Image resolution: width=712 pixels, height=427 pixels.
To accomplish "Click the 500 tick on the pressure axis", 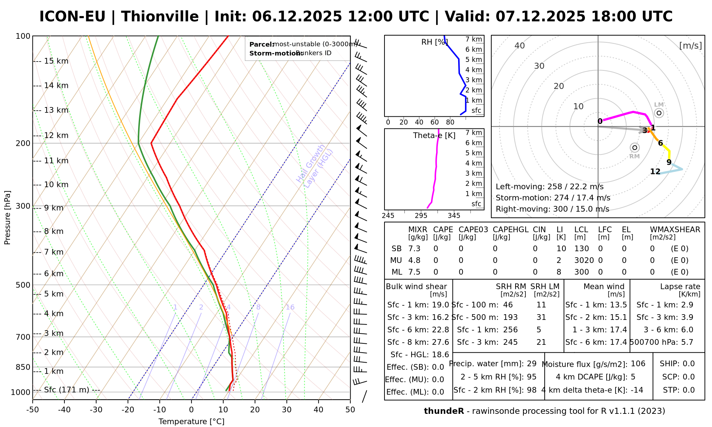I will click(23, 285).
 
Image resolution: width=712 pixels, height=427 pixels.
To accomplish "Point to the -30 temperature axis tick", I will click(96, 410).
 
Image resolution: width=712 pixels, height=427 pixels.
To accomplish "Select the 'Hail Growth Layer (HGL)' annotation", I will click(315, 166).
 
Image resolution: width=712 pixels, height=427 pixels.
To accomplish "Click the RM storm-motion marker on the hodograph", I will click(634, 148).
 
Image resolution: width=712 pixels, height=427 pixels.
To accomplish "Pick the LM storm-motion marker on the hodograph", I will click(659, 113).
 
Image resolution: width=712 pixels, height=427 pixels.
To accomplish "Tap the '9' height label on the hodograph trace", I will click(669, 162).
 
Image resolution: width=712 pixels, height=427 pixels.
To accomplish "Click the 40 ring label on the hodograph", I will click(520, 46).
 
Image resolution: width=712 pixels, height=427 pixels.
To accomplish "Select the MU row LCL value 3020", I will click(584, 260).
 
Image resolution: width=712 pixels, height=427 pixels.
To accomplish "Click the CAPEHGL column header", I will click(511, 230).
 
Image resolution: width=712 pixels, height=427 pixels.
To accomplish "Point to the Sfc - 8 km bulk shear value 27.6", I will click(440, 342).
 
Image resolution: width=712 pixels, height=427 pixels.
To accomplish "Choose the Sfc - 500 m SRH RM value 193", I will click(511, 317).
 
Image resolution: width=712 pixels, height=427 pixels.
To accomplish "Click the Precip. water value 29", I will click(532, 364).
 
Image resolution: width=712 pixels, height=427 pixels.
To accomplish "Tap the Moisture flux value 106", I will click(638, 364).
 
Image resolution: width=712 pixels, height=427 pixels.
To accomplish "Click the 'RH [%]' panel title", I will click(434, 42).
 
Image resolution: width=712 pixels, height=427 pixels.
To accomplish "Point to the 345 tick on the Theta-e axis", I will click(454, 216).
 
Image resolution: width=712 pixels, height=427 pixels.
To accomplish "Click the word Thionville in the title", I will click(160, 17).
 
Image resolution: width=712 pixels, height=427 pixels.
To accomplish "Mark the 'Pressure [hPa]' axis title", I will click(7, 217).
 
